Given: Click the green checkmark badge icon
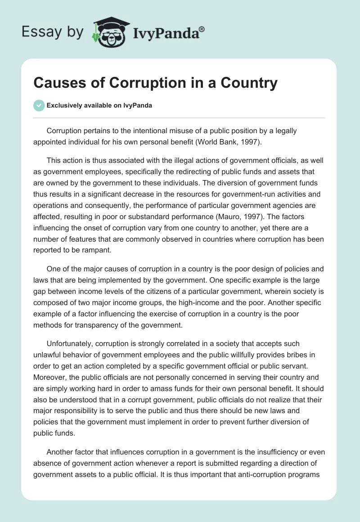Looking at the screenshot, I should click(x=39, y=105).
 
